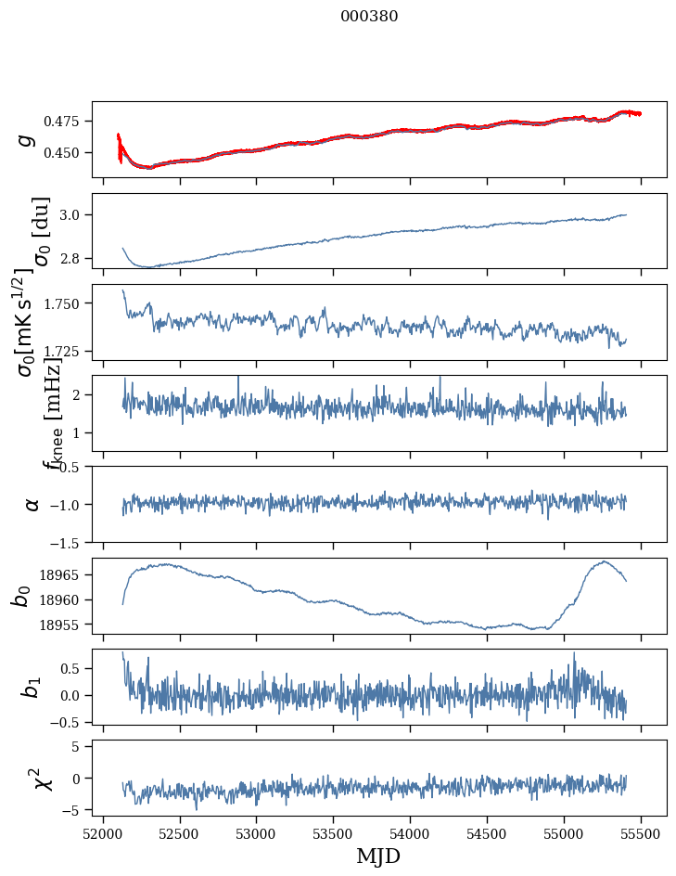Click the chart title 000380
tap(369, 17)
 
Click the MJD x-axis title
tap(378, 856)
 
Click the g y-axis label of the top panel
tap(27, 139)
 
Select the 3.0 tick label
tap(75, 215)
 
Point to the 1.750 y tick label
tap(67, 303)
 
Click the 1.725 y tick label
tap(67, 352)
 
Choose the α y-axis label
tap(32, 504)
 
